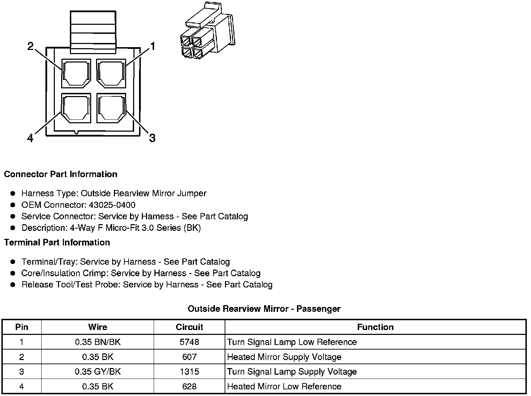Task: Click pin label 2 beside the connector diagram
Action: pyautogui.click(x=31, y=46)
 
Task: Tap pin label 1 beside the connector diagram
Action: pyautogui.click(x=152, y=46)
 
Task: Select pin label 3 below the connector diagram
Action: pyautogui.click(x=152, y=138)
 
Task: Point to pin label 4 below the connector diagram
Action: pyautogui.click(x=31, y=139)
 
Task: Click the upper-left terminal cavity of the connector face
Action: pyautogui.click(x=76, y=73)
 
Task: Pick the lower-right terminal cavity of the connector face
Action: pyautogui.click(x=111, y=108)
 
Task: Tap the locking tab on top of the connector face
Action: pyautogui.click(x=93, y=32)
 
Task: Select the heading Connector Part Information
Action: pyautogui.click(x=60, y=174)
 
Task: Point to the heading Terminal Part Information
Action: pyautogui.click(x=57, y=243)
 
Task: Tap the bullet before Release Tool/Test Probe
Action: pyautogui.click(x=13, y=285)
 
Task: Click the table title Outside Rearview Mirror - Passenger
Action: pyautogui.click(x=264, y=309)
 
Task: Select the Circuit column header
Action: pyautogui.click(x=189, y=327)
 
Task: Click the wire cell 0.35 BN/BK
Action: pyautogui.click(x=97, y=342)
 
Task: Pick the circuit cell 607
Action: pyautogui.click(x=189, y=357)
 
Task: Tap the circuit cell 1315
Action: pyautogui.click(x=189, y=372)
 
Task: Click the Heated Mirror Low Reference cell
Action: pyautogui.click(x=284, y=387)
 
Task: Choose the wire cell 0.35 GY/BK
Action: pyautogui.click(x=97, y=372)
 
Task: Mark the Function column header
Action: pyautogui.click(x=375, y=327)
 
